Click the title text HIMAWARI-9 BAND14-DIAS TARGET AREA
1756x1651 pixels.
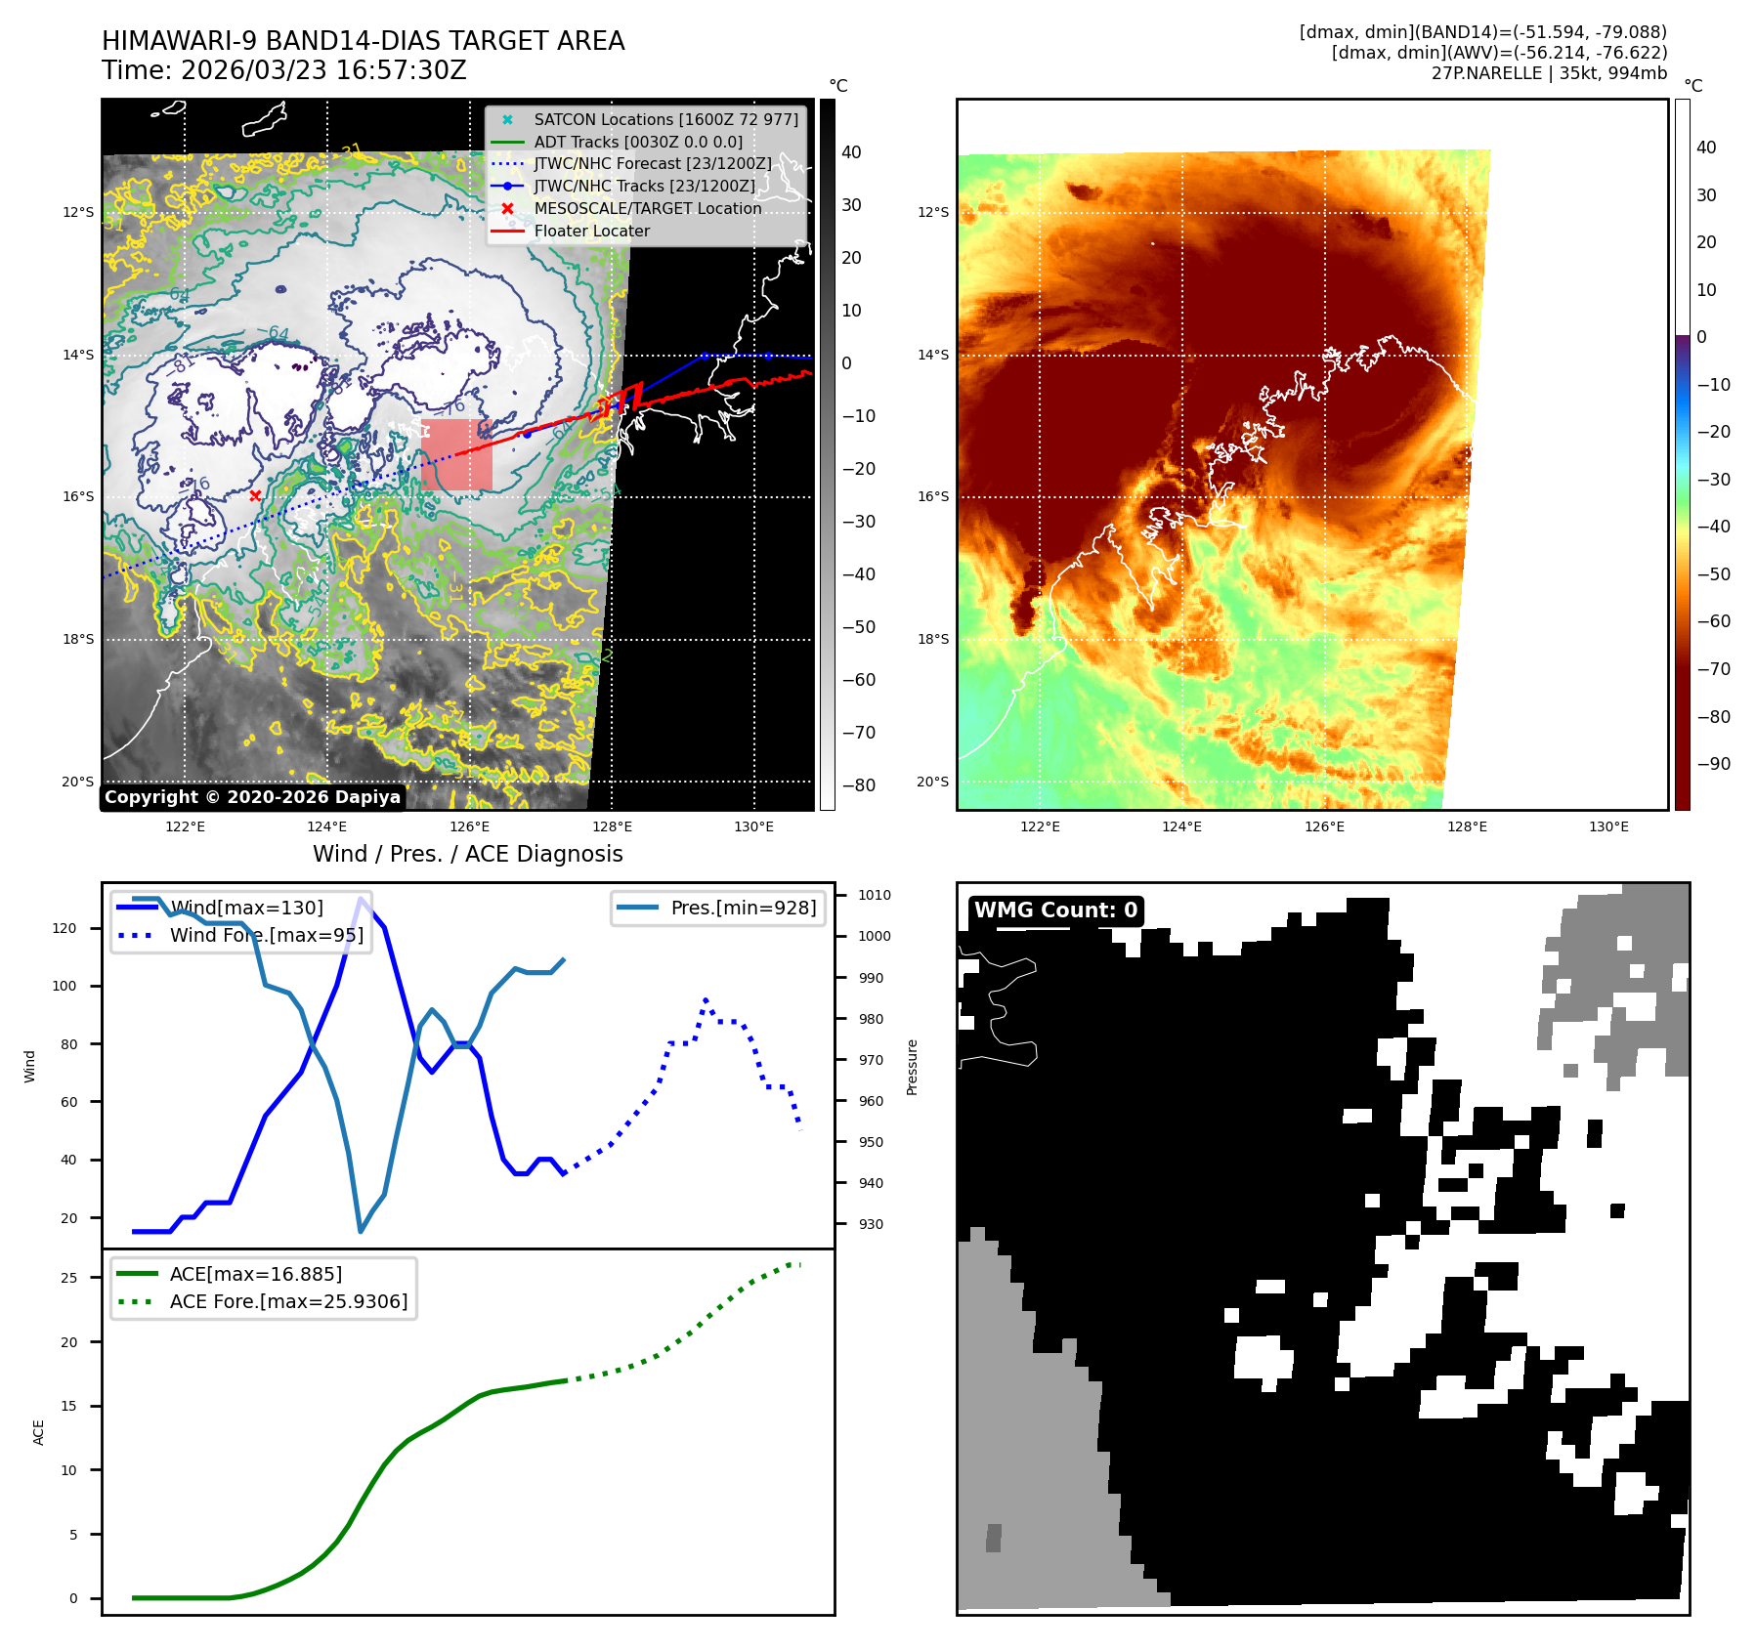point(363,41)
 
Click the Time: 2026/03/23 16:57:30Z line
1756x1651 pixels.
point(283,70)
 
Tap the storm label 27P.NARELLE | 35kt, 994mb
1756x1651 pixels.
point(1549,73)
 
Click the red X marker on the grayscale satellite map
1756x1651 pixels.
point(255,496)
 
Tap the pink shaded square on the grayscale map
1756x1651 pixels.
point(456,455)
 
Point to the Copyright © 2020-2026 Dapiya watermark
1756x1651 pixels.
point(252,797)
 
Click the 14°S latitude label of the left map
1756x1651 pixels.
point(79,355)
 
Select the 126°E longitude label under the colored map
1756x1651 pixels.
point(1324,826)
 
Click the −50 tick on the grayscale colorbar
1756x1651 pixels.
point(859,627)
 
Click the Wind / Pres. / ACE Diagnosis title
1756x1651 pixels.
point(467,854)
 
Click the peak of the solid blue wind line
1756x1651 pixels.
point(363,898)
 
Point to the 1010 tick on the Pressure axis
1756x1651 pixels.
point(874,895)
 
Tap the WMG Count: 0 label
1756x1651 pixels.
point(1055,910)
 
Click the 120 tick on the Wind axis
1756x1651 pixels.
point(64,928)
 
